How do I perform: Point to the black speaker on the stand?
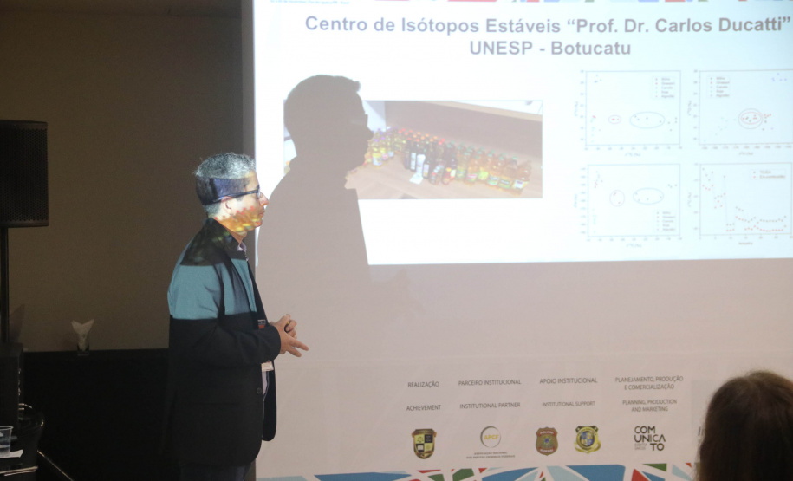pos(23,173)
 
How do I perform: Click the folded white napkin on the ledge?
pos(82,334)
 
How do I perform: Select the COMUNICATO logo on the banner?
pos(649,438)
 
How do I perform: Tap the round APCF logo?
pos(491,437)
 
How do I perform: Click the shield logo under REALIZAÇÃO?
pos(423,442)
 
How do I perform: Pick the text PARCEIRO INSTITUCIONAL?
pos(490,382)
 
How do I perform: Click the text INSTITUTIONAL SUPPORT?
pos(569,405)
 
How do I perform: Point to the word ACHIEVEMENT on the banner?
pos(423,407)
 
